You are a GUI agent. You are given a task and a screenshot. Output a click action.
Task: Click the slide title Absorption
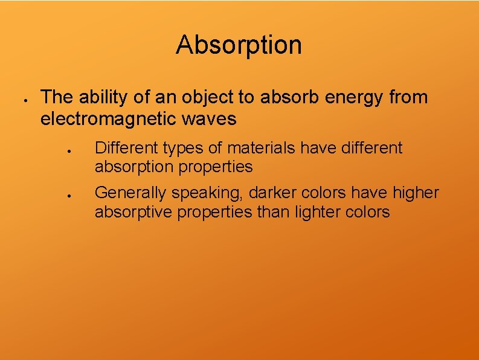[x=239, y=45]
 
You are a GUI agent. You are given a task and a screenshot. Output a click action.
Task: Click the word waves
[x=214, y=119]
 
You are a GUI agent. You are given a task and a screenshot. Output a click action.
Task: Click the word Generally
[x=131, y=193]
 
